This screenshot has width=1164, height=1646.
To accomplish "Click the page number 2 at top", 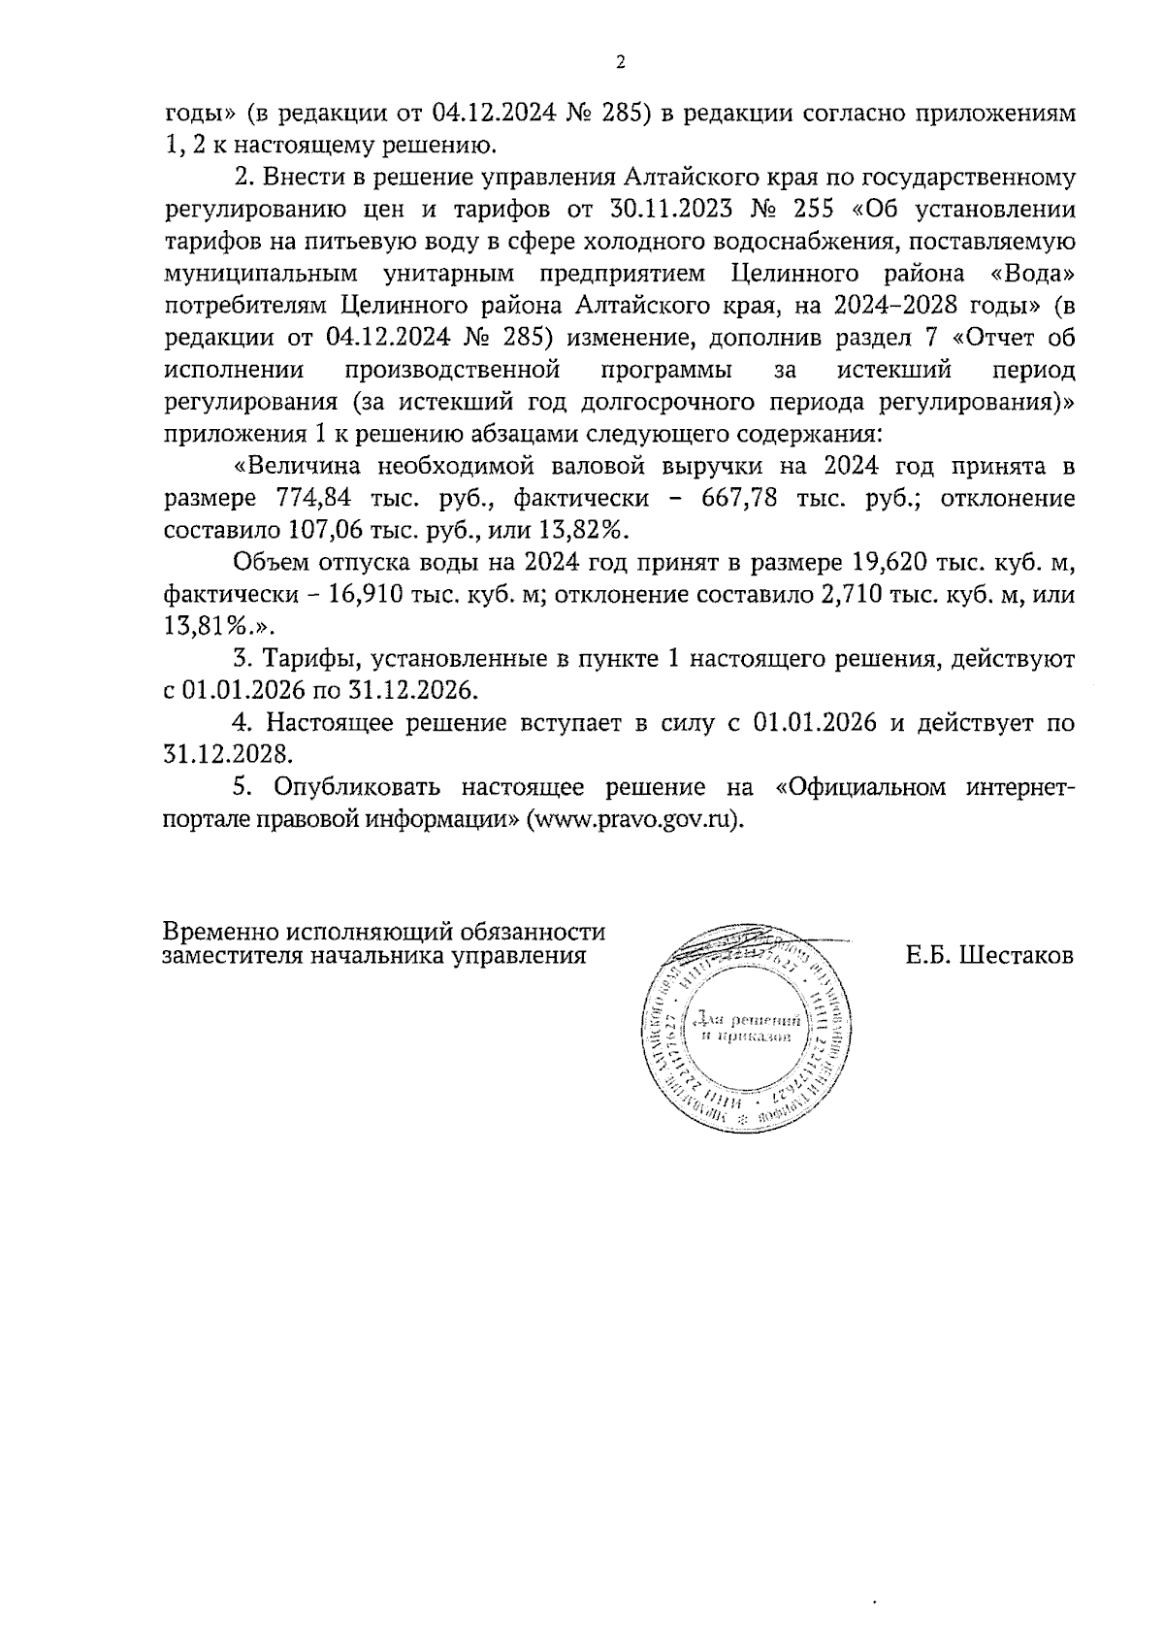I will [620, 63].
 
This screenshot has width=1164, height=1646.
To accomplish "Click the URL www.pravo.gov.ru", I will [633, 817].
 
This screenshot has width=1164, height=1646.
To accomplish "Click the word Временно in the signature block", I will [220, 933].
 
